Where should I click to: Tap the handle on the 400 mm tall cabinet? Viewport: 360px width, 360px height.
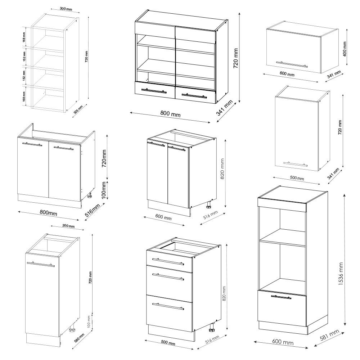(x=292, y=64)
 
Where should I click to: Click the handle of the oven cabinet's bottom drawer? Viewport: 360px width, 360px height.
(x=281, y=297)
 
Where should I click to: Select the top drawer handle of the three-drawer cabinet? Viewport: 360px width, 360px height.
(x=168, y=260)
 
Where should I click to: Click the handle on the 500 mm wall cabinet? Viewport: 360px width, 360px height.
(x=295, y=164)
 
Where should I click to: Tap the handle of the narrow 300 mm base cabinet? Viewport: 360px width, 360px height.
(x=40, y=264)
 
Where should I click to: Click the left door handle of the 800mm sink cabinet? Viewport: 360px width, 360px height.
(x=32, y=144)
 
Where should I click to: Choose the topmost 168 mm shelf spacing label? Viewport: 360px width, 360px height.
(x=24, y=37)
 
